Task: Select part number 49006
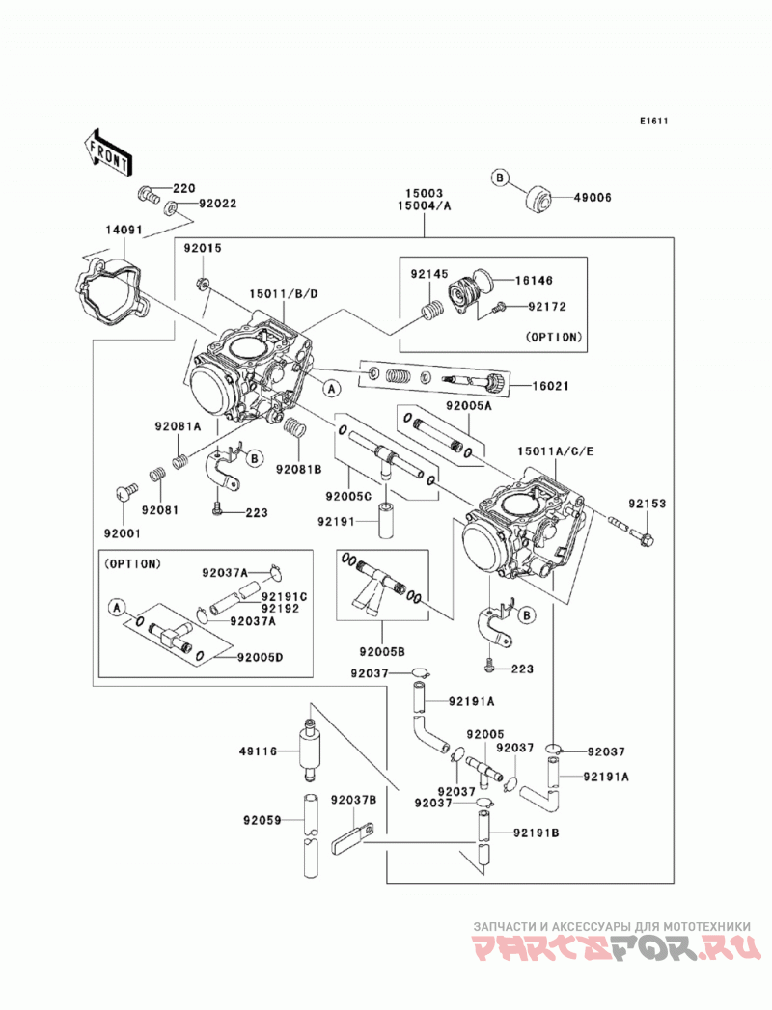(593, 198)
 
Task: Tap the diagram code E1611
(653, 121)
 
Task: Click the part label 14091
(124, 230)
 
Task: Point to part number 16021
(550, 386)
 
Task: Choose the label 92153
(648, 504)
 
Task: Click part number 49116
(258, 751)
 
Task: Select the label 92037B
(354, 800)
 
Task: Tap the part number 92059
(262, 820)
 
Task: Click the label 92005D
(260, 658)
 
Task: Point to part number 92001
(123, 533)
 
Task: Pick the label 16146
(535, 280)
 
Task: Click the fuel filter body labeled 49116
(310, 751)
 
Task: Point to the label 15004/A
(425, 206)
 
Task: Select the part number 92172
(547, 307)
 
